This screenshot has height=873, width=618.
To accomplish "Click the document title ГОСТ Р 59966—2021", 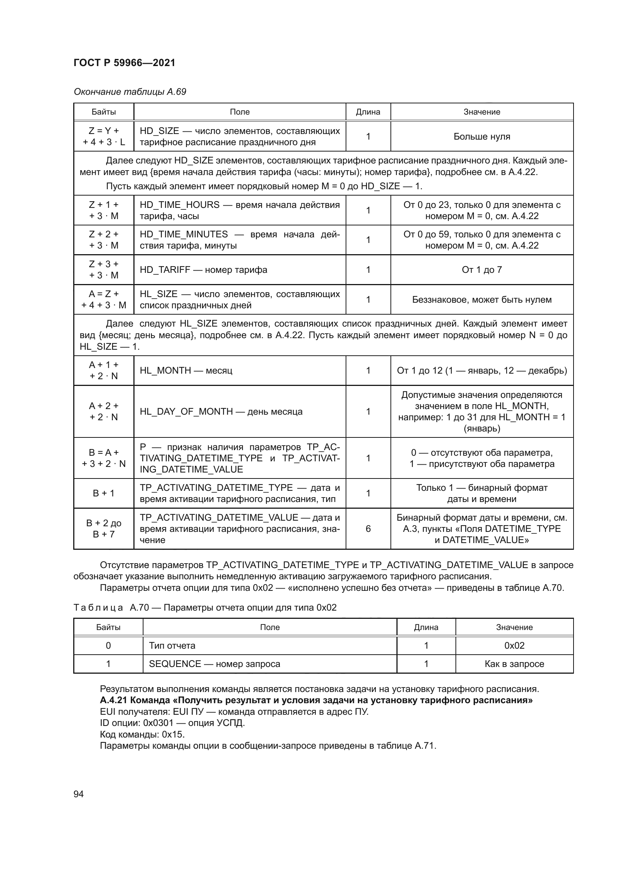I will pos(124,63).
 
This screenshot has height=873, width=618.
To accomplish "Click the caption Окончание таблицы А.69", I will pos(130,92).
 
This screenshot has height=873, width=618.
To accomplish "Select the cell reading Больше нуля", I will pos(481,137).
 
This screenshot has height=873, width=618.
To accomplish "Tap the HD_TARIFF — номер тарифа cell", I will pos(203,269).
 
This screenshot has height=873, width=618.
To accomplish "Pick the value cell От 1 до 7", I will pos(481,269).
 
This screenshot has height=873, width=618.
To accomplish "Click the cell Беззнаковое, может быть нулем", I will pos(481,300).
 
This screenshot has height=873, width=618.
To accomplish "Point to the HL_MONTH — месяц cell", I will pos(186,370).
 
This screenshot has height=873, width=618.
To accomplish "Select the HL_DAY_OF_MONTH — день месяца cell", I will pos(221,411).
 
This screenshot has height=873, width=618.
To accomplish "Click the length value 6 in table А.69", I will pos(368,529).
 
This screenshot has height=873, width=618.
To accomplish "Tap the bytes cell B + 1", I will pos(103,493).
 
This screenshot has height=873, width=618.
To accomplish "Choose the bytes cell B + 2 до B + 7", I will pos(103,529).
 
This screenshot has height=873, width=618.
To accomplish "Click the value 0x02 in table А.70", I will pos(514,646).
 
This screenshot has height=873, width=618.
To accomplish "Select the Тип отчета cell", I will pos(172,646).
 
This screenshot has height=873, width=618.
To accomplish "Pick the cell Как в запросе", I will pos(514,664).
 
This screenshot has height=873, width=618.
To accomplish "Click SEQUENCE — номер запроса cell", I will pos(214,664).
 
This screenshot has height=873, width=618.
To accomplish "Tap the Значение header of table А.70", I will pos(514,627).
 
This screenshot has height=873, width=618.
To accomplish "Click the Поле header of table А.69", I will pos(240,112).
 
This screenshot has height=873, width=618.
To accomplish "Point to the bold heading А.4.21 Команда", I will pos(316,700).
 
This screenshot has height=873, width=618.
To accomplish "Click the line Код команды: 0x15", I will pos(142,734).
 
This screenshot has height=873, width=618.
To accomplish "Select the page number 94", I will pos(78,794).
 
